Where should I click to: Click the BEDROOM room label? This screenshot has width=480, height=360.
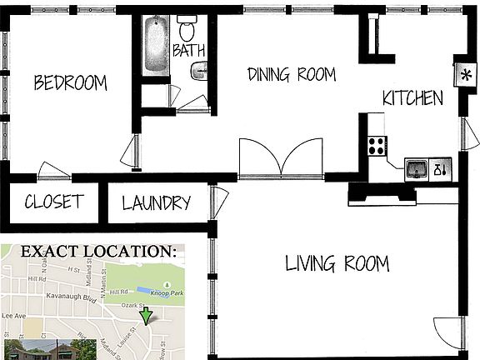70,82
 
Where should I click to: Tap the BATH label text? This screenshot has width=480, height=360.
188,51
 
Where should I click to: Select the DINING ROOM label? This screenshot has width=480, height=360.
292,74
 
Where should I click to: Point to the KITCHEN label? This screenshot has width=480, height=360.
412,98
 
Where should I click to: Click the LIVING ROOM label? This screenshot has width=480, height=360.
337,265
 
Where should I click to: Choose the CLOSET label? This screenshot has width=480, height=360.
53,202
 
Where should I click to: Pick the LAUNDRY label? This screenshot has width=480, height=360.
157,202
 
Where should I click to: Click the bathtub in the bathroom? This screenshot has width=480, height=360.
156,45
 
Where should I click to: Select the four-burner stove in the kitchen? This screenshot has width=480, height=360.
377,146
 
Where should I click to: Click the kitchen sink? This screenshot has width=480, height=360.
417,169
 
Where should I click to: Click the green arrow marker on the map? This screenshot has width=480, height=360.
147,316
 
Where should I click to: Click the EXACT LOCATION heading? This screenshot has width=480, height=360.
98,251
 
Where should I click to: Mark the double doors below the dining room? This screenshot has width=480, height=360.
281,158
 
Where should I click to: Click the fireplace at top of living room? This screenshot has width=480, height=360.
382,194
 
